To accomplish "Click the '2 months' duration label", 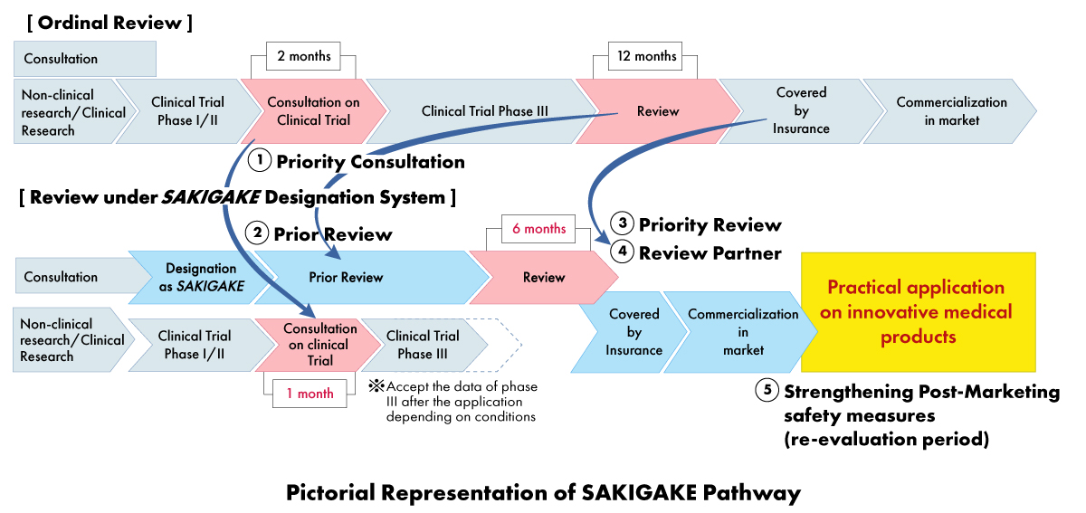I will tap(304, 57).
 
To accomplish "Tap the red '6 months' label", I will tap(538, 229).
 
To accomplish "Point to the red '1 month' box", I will tap(310, 393).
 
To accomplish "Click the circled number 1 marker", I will tap(261, 161).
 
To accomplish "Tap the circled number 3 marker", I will tap(621, 223).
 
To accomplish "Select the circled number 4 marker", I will tap(621, 252).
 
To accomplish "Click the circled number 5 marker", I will tap(767, 392).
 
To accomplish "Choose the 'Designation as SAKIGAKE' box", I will tap(202, 277).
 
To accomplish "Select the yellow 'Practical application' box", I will tap(917, 312).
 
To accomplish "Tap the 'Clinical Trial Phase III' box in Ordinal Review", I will tap(485, 111).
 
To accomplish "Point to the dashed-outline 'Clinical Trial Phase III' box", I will tap(424, 345).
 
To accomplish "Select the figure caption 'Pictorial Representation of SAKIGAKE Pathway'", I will tap(543, 493).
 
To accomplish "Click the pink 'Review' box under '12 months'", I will tap(657, 111).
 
